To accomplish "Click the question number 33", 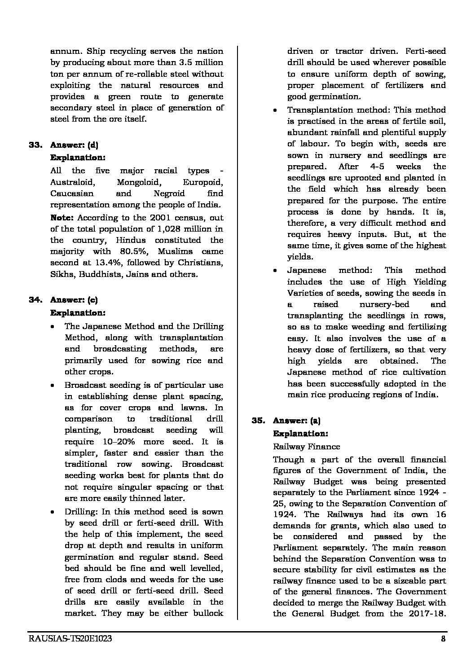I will (35, 145).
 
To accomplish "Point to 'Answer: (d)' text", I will (74, 145).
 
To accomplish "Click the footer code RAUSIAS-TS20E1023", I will (70, 640).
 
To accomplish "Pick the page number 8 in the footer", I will (443, 640).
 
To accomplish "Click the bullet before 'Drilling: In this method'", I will (53, 512).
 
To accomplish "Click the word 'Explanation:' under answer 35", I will (300, 434).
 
